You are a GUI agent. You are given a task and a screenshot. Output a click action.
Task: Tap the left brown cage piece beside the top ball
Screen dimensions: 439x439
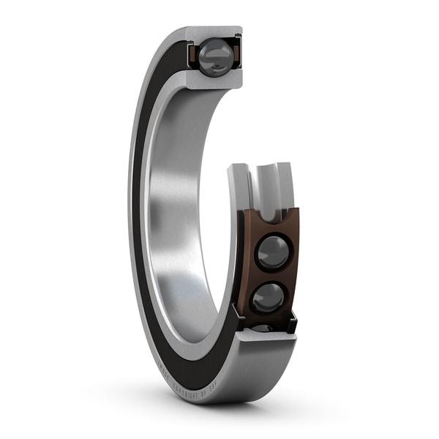(192, 56)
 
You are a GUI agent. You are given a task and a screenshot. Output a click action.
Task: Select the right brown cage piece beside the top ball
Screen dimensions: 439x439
(236, 55)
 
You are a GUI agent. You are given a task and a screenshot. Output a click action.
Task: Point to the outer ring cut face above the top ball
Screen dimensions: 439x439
(214, 33)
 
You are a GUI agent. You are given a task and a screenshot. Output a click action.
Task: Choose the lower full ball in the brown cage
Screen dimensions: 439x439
(269, 297)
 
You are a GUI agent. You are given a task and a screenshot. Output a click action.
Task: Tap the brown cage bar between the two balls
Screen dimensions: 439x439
(271, 275)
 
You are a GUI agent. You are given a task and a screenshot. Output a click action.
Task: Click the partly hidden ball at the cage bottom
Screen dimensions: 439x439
(265, 327)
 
